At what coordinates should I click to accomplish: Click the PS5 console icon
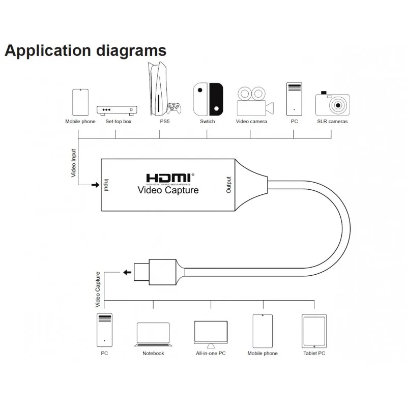tap(157, 90)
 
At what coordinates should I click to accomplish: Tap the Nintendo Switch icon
tap(208, 99)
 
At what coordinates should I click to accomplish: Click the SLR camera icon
tap(332, 104)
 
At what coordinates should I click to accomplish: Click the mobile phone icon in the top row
tap(80, 102)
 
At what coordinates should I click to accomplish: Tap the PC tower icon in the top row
tap(294, 99)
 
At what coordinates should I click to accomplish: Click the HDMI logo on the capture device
tap(170, 178)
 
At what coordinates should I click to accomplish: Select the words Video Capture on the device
tap(168, 190)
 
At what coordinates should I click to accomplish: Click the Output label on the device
tap(228, 185)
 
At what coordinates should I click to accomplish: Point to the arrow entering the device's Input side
tap(95, 184)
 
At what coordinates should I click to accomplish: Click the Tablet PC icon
tap(314, 331)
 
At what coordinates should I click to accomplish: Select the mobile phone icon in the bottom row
tap(263, 331)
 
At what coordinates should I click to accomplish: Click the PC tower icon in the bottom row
tap(104, 330)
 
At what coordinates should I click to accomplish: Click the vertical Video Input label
tap(74, 163)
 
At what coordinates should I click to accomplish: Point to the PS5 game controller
tap(175, 108)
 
